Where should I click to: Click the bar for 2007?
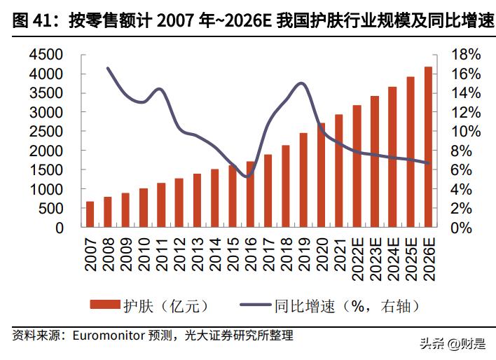coord(90,214)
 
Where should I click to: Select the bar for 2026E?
coord(428,147)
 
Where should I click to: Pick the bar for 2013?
coord(197,200)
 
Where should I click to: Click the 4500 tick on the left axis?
coord(48,55)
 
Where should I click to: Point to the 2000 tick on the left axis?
coord(48,151)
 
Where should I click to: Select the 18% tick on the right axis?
coord(465,55)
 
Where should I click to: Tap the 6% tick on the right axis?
coord(465,170)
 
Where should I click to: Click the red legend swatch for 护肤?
coord(105,305)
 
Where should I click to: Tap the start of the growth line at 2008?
coord(108,68)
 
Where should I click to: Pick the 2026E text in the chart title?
coord(247,22)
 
